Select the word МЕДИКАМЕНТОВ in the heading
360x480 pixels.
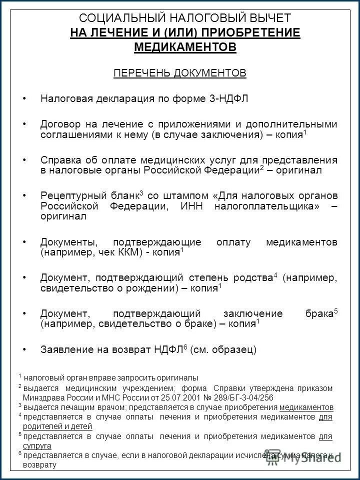coord(185,47)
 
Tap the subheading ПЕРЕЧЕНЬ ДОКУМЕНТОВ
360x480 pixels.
coord(180,73)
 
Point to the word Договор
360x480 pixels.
coord(60,124)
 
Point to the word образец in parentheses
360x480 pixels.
coord(234,350)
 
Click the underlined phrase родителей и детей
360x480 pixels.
coord(57,426)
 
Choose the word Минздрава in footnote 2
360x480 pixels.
coord(45,397)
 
